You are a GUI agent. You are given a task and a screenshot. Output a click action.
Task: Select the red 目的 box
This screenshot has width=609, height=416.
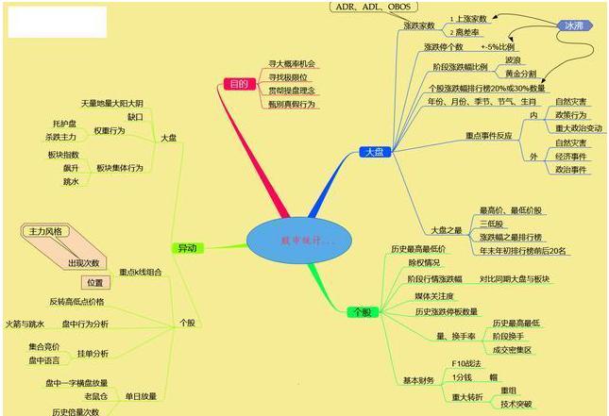click(240, 85)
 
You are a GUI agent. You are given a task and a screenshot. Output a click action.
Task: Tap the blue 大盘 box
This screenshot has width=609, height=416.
click(373, 152)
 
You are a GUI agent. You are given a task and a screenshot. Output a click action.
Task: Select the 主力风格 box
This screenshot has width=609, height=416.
click(45, 231)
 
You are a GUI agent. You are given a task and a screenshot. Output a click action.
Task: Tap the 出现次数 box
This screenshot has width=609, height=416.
click(83, 262)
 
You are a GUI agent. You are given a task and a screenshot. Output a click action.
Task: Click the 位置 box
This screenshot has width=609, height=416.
click(95, 282)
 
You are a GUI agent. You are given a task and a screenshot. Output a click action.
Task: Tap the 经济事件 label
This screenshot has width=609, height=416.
click(571, 157)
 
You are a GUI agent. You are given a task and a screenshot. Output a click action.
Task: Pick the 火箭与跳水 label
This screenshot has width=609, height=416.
click(25, 324)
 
